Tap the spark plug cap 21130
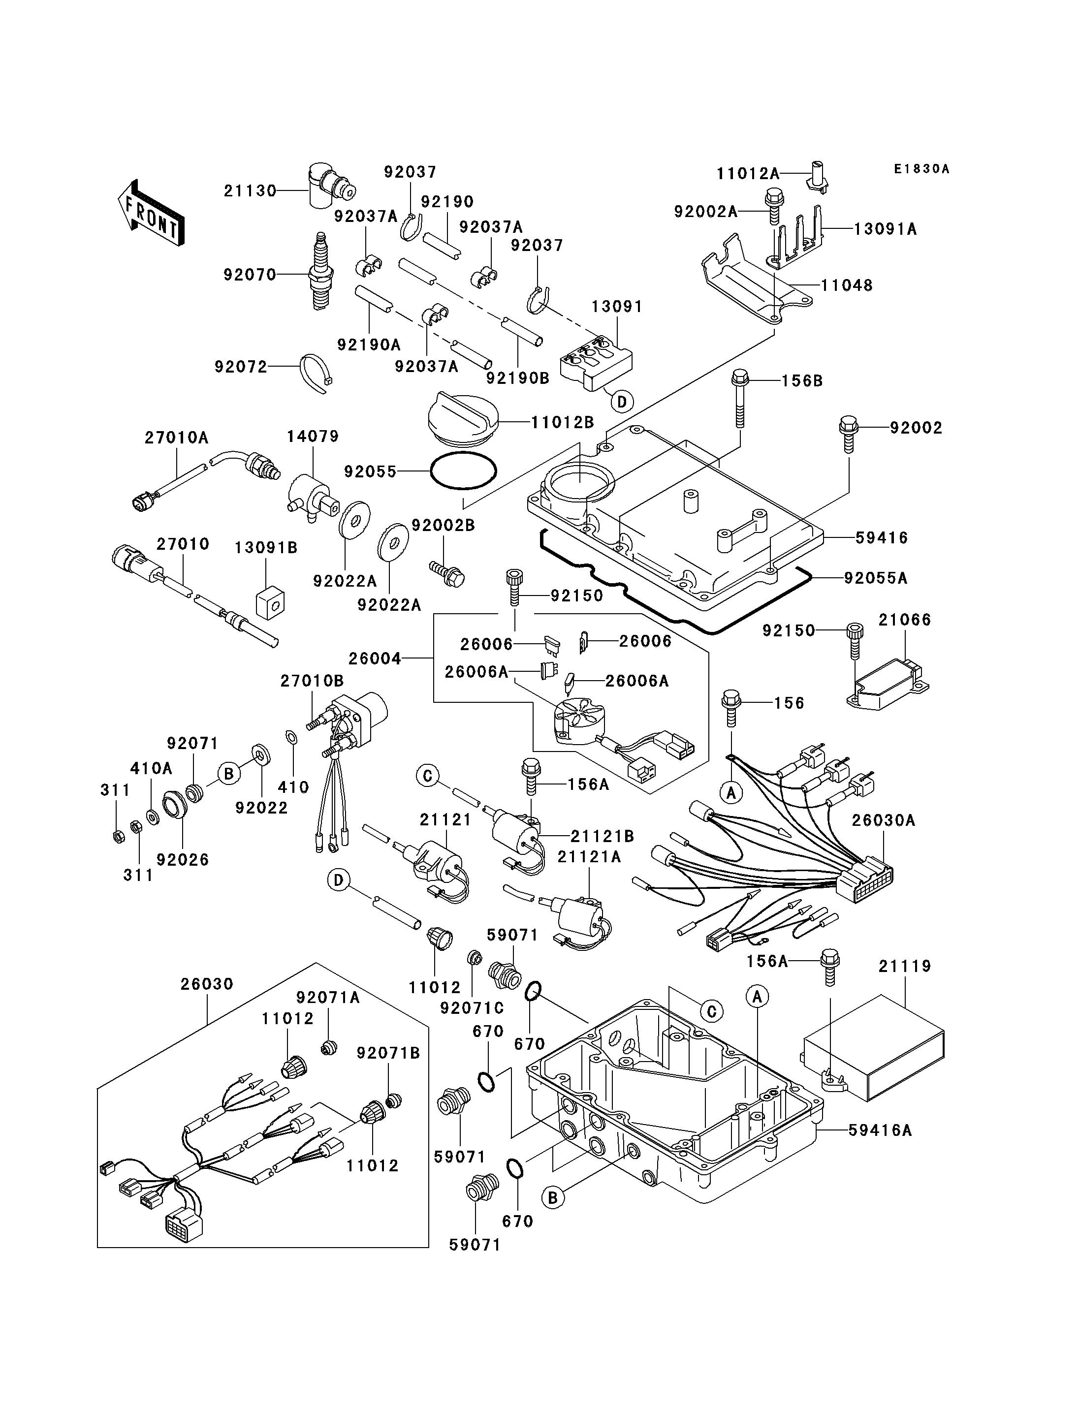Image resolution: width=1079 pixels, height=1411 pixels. (328, 186)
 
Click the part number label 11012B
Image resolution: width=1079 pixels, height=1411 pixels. (563, 423)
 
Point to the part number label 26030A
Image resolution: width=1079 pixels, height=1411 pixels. (884, 821)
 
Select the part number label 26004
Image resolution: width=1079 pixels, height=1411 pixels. (375, 658)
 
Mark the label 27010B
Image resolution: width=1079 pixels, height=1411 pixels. (312, 681)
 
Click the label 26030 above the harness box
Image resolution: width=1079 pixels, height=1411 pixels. (207, 984)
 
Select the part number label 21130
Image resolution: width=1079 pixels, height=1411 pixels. (250, 191)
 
